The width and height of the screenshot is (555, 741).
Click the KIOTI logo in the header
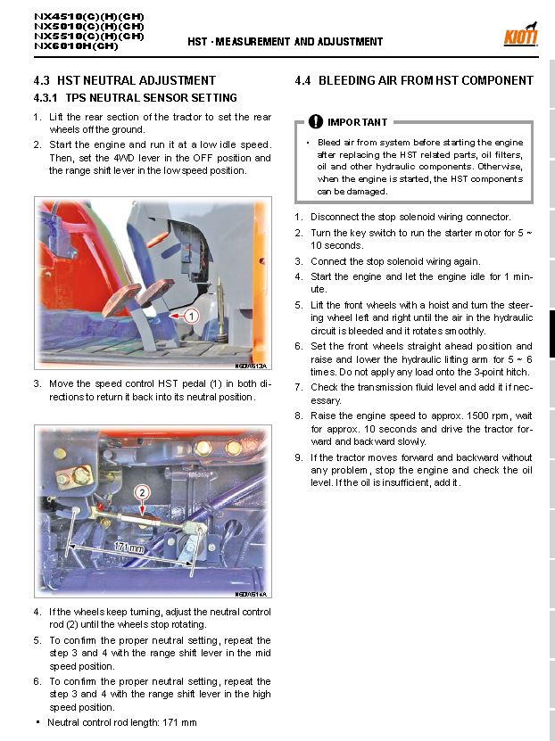click(521, 37)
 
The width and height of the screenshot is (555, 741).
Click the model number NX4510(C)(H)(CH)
click(88, 16)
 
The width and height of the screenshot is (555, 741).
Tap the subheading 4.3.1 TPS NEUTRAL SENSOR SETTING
click(135, 98)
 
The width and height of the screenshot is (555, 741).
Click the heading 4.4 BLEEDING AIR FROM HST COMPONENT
click(414, 80)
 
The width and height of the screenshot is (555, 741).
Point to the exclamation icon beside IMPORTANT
click(316, 122)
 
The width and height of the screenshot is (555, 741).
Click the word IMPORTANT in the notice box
click(357, 122)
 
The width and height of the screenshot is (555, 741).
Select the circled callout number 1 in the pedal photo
click(190, 315)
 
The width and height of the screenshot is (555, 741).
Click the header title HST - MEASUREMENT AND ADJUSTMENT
click(285, 42)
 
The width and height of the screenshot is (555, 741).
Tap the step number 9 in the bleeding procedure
click(300, 457)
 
